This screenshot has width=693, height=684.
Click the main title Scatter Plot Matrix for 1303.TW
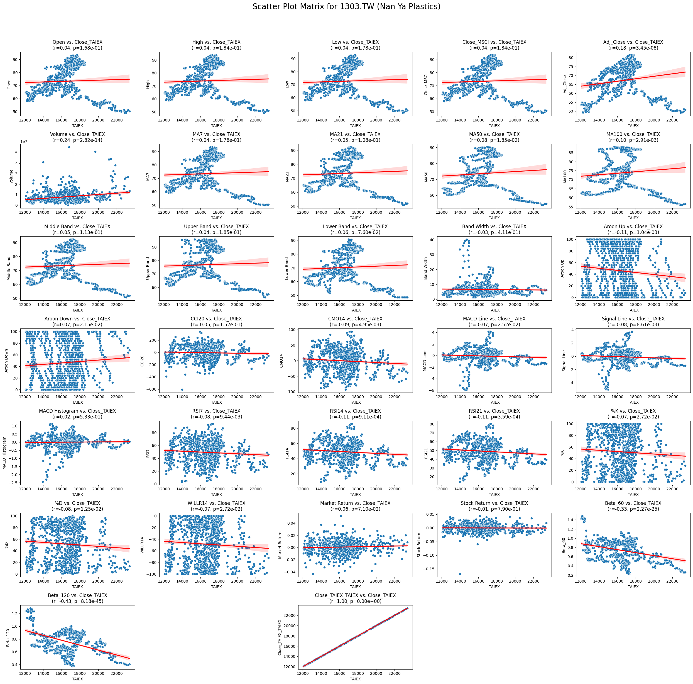(346, 6)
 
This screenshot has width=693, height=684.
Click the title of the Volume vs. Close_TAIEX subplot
(77, 137)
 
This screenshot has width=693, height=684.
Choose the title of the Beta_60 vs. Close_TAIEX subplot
(633, 506)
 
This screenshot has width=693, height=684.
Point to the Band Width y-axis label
(425, 268)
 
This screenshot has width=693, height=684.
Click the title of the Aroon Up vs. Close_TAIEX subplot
(633, 229)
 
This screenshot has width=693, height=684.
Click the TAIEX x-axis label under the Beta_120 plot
(77, 679)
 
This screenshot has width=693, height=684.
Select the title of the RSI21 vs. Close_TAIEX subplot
(494, 413)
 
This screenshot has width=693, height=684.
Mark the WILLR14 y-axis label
(142, 545)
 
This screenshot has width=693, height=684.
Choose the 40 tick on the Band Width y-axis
(433, 240)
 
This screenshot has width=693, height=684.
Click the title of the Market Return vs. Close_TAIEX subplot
(355, 506)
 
